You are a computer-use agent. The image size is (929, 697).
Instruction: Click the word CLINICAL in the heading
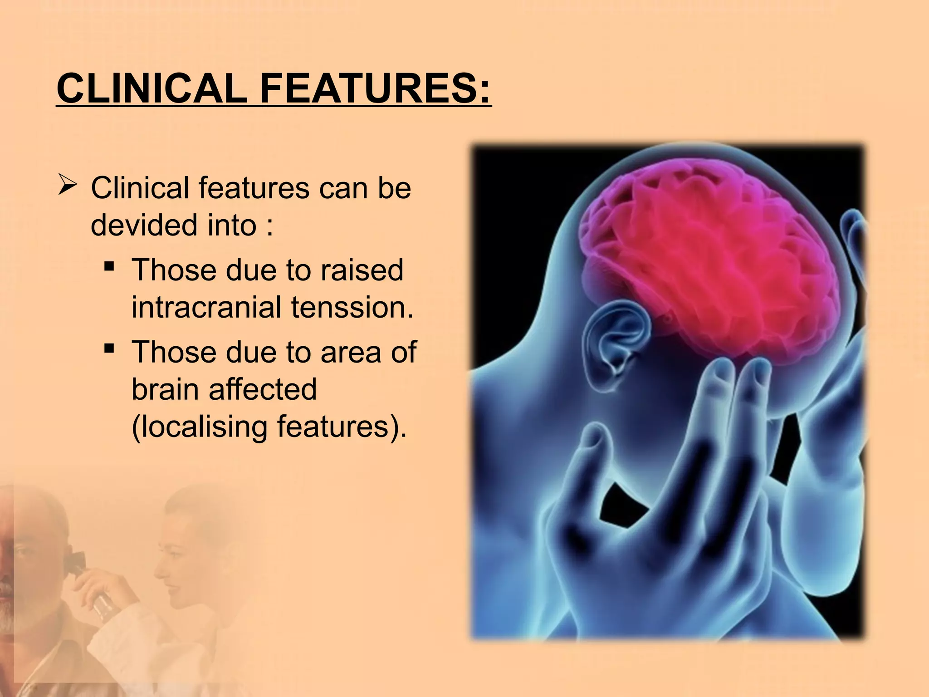click(x=152, y=89)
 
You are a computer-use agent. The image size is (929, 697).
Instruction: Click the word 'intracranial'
click(x=206, y=307)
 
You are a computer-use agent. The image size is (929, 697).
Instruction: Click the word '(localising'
click(x=199, y=427)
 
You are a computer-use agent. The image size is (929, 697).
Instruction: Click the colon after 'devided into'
click(x=269, y=226)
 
